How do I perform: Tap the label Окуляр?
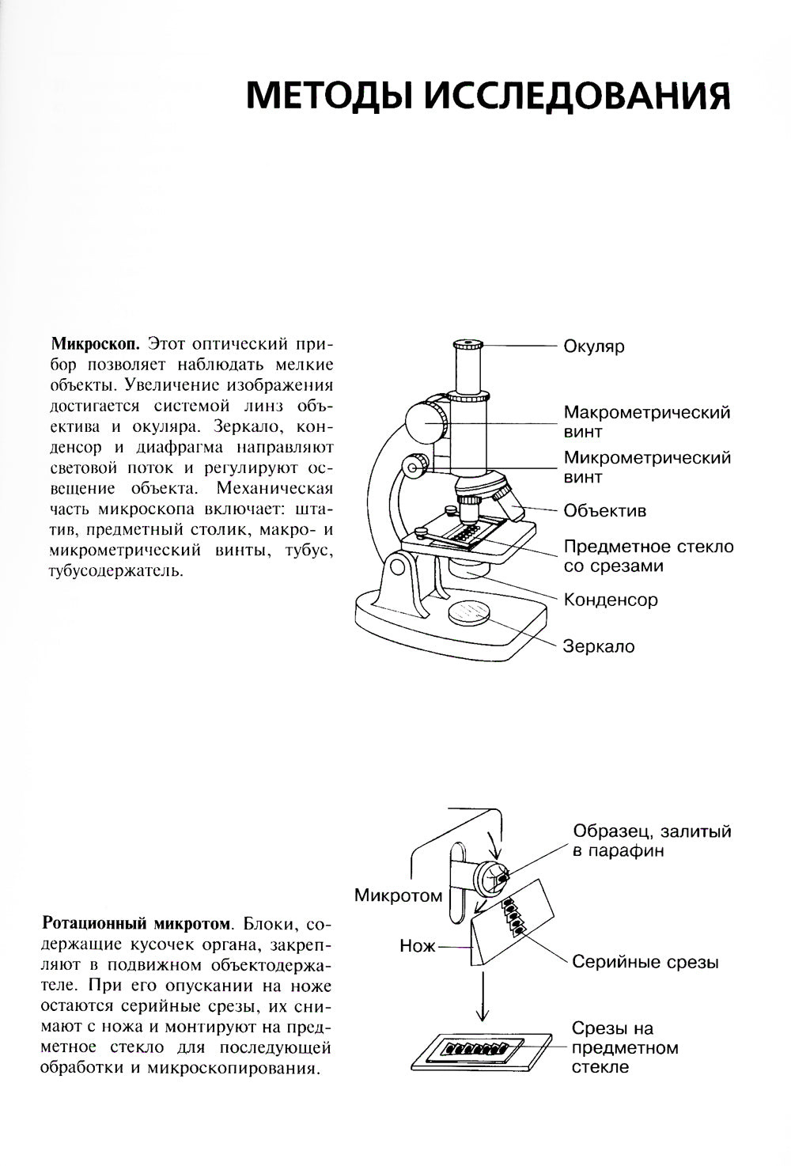click(594, 346)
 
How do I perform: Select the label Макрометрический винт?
click(646, 422)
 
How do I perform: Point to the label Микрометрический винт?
click(646, 468)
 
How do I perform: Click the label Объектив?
click(604, 511)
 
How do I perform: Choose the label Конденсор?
click(610, 600)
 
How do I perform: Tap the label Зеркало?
click(599, 646)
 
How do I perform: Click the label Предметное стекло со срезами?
click(648, 556)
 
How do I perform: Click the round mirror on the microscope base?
click(469, 612)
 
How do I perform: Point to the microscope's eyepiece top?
click(469, 346)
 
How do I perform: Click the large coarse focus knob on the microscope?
click(427, 421)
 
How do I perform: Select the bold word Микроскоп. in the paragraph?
click(96, 345)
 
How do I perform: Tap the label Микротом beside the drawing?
click(398, 895)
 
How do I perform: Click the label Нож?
click(417, 945)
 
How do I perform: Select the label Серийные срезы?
click(645, 963)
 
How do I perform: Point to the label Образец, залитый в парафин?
click(652, 841)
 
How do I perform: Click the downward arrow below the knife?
click(480, 998)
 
